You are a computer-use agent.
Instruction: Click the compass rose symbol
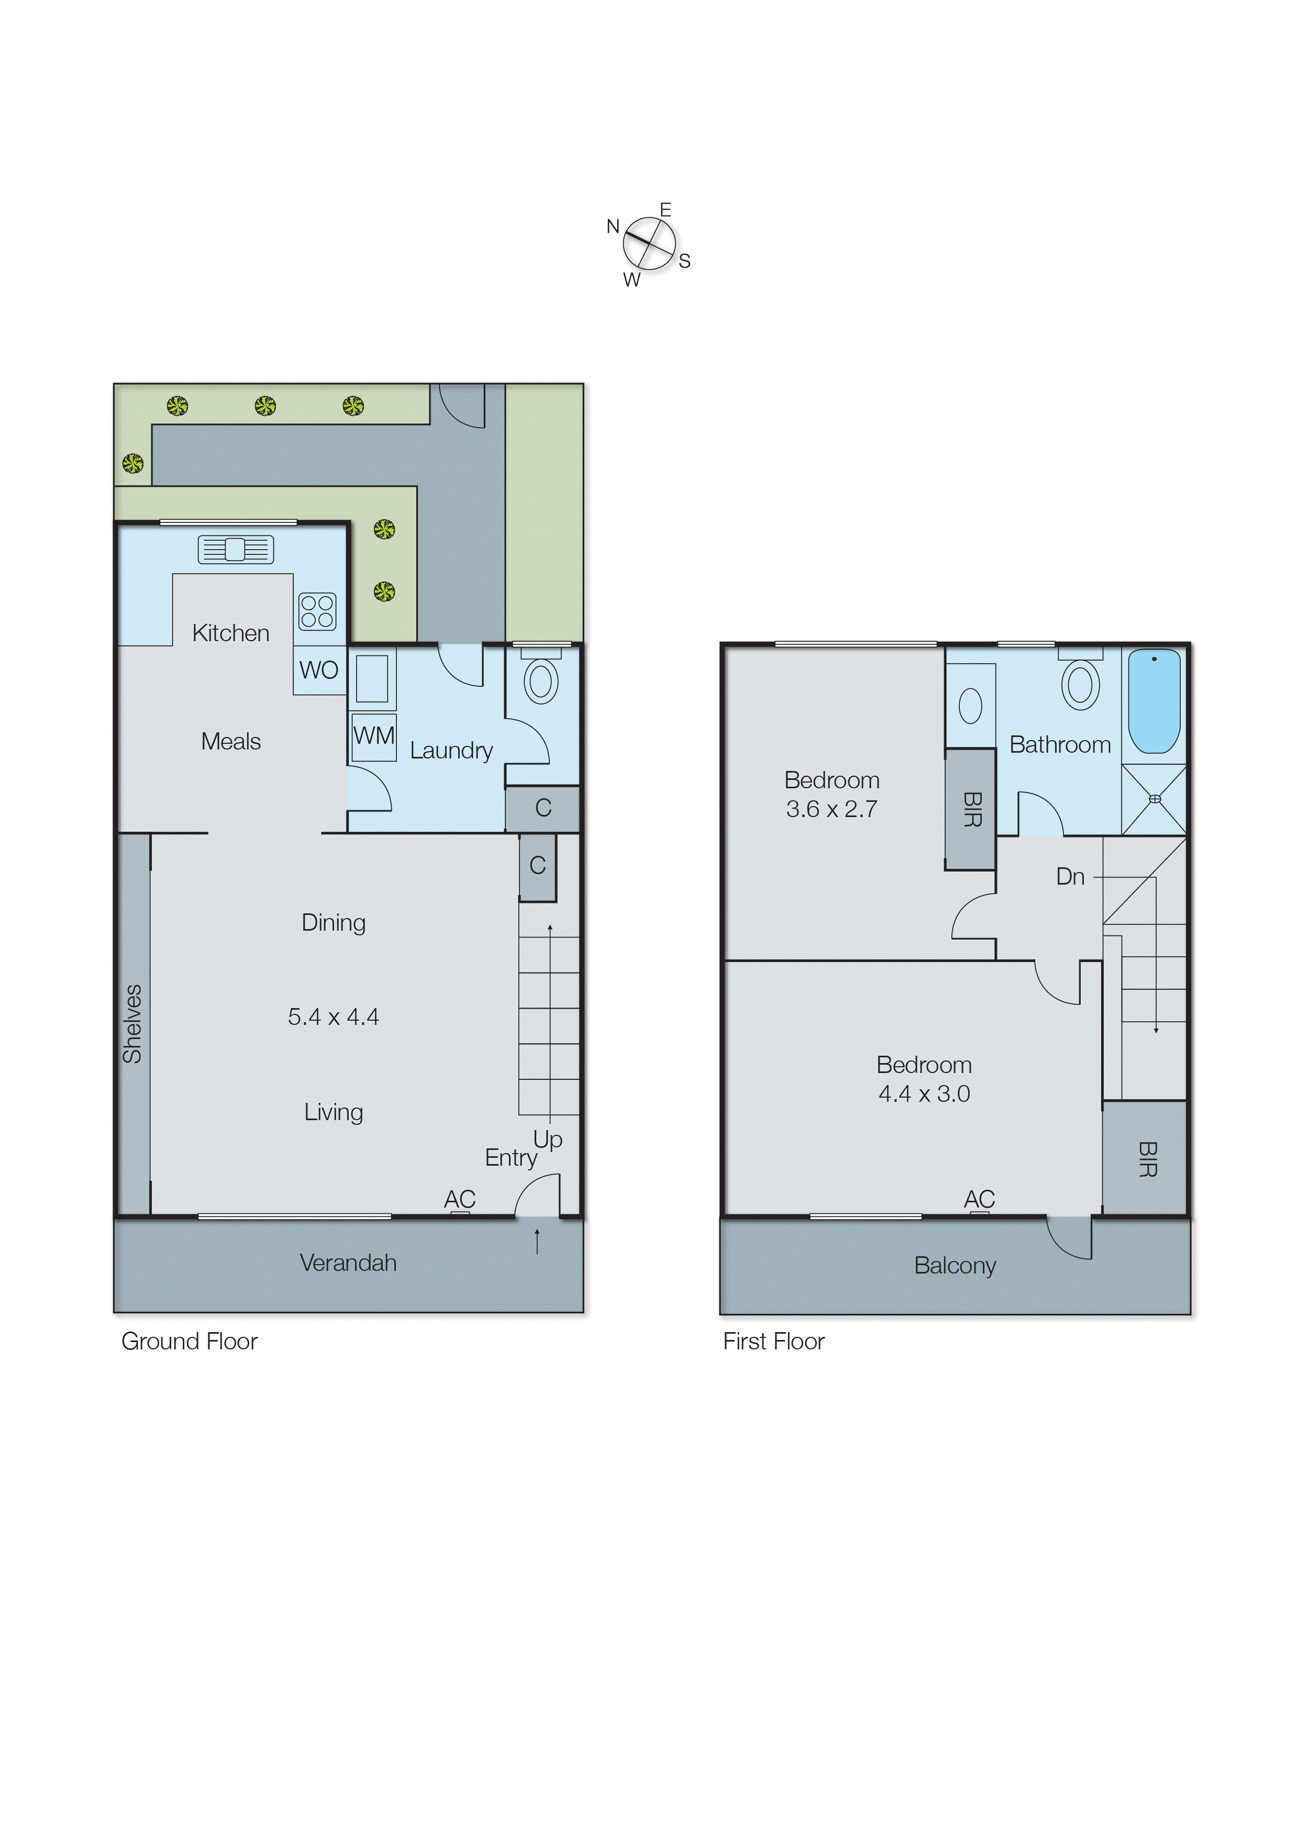coord(649,244)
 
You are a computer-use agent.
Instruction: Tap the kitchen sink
coord(235,549)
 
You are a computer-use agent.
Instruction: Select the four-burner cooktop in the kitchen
coord(317,612)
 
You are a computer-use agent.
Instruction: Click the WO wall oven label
coord(319,671)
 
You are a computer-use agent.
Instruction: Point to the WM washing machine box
coord(374,736)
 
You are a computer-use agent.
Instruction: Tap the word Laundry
coord(451,751)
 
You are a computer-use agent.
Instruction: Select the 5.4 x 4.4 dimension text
coord(334,1017)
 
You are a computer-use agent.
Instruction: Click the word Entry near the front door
coord(510,1158)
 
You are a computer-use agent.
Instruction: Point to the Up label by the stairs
coord(548,1140)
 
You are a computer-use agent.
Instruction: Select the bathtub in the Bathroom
coord(1153,701)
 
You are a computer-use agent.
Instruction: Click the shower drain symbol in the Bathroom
coord(1154,799)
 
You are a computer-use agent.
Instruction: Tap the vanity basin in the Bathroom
coord(970,706)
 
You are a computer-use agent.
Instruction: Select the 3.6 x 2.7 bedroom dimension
coord(831,809)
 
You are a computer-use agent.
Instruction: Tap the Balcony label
coord(955,1266)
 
